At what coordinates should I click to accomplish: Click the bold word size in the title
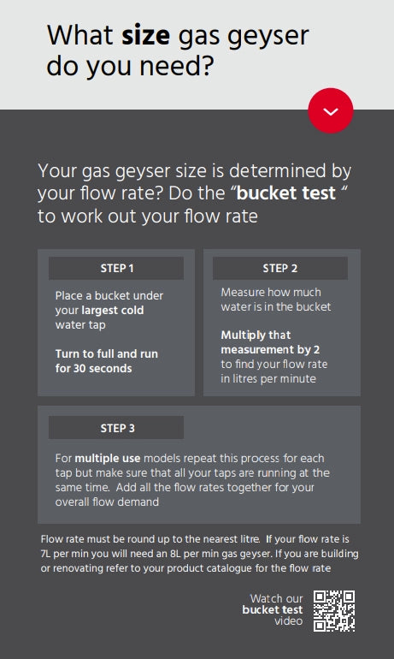tap(145, 35)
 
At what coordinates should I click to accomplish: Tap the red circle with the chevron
tap(331, 110)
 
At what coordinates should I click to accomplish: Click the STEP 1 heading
tap(116, 268)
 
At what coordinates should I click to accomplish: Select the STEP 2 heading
tap(279, 268)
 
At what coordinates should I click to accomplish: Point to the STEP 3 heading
tap(117, 428)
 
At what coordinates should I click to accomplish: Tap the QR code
tap(334, 611)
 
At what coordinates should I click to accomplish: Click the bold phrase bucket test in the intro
tap(286, 193)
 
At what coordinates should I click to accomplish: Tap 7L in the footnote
tap(46, 554)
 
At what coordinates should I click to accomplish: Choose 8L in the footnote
tap(175, 554)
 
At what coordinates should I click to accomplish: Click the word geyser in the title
tap(268, 38)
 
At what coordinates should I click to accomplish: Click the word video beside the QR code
tap(288, 620)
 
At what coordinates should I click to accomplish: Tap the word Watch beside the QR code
tap(263, 598)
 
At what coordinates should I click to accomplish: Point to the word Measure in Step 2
tap(241, 292)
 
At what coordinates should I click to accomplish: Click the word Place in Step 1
tap(69, 295)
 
